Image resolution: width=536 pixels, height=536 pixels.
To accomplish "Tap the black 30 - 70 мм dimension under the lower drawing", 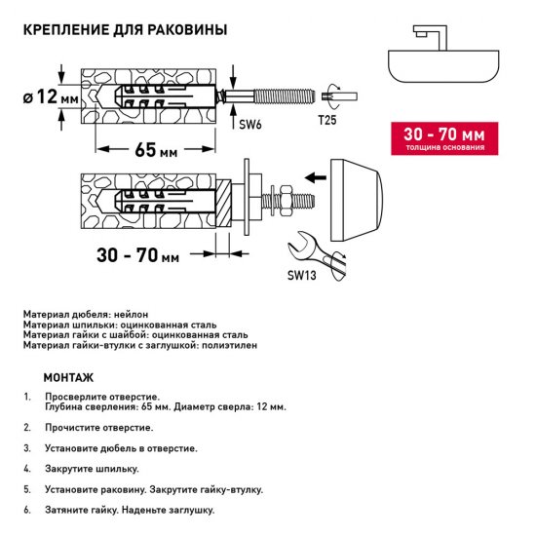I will coord(138,256).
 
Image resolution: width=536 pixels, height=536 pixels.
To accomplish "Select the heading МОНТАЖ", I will coord(68,377).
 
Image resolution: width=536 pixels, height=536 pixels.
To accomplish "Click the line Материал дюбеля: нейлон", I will coord(85,315).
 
